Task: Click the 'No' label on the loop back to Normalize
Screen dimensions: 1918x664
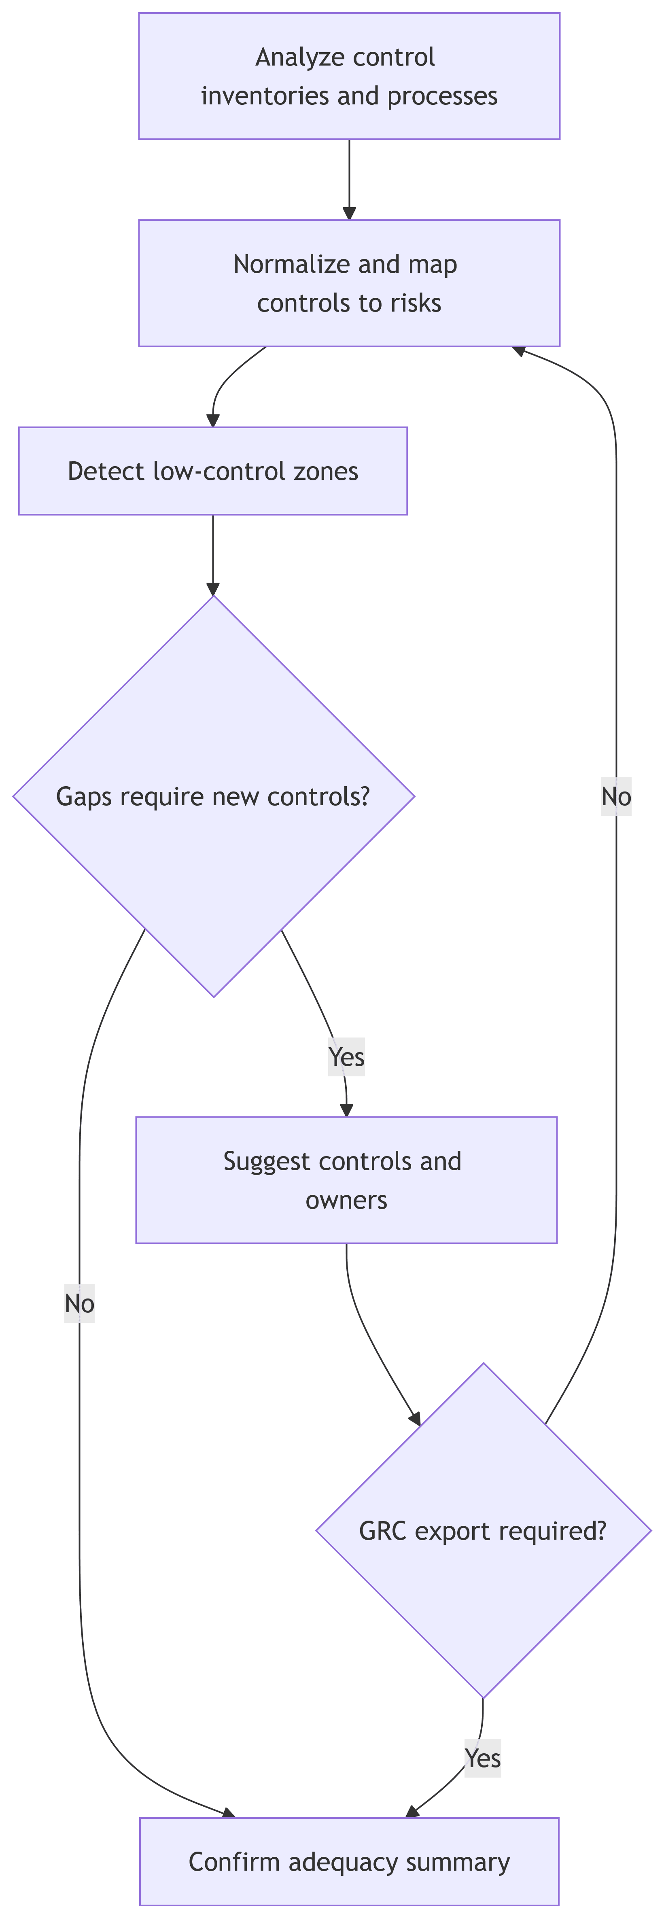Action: coord(616,797)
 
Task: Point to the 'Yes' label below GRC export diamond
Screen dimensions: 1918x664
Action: coord(482,1758)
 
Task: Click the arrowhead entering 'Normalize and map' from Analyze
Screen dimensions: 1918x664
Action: coord(349,214)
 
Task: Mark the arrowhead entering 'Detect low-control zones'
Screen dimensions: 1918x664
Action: coord(213,421)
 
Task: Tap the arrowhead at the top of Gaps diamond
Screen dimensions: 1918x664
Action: coord(213,589)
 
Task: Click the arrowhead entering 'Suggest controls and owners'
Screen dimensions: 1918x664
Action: coord(346,1110)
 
